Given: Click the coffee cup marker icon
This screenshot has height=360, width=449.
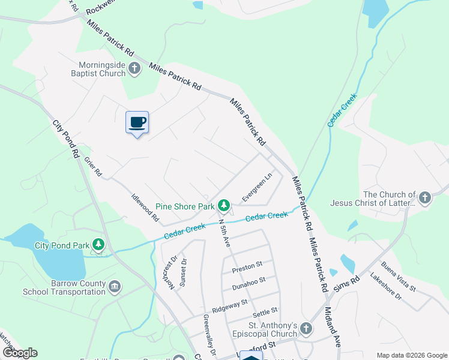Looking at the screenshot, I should coord(137,122).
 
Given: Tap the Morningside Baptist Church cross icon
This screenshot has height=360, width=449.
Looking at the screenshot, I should coord(134,68).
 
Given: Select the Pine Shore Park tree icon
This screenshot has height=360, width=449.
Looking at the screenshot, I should coord(224,206).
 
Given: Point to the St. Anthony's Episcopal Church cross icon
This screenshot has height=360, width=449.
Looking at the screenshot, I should coord(306,329).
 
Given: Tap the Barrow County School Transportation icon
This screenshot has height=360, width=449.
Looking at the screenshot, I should coord(115,287).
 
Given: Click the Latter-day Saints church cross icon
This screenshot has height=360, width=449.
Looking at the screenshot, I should coord(424,198).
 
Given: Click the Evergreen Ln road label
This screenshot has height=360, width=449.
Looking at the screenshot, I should coord(257,187).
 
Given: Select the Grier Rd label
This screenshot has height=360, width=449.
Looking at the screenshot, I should coord(93,167).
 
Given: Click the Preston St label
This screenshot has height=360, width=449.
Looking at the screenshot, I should coord(251,265).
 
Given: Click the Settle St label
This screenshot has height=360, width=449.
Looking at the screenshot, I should coord(265,311).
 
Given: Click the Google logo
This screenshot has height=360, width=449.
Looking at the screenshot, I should coord(20,353).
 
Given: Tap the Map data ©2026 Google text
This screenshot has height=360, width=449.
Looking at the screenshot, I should coord(411,355).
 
